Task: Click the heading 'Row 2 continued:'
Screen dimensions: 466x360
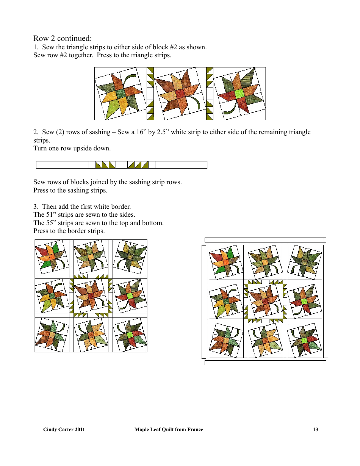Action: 63,39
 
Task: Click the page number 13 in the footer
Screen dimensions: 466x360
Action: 315,430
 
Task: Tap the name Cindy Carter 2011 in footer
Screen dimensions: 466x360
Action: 64,430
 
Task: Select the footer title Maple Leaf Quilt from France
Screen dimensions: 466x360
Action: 169,430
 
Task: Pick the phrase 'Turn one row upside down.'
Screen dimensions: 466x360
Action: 72,148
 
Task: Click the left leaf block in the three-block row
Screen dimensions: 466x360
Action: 121,94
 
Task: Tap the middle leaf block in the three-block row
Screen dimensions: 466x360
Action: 180,94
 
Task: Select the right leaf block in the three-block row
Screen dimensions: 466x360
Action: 239,94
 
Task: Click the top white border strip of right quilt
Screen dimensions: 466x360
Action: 265,240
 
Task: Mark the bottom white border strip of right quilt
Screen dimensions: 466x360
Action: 265,363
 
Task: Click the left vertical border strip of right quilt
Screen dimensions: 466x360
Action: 204,301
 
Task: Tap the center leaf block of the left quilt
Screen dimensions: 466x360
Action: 91,296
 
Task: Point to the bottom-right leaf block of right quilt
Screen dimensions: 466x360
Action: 304,339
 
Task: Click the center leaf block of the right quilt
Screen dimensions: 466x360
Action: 265,301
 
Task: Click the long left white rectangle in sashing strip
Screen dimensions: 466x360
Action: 62,165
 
